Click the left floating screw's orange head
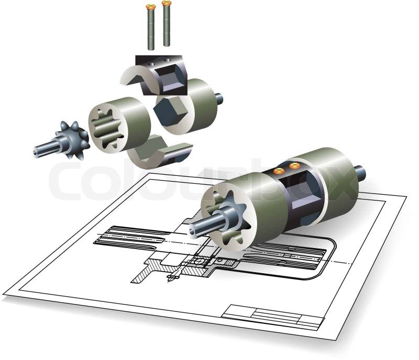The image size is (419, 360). (x=151, y=6)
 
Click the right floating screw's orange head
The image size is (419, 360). (x=166, y=3)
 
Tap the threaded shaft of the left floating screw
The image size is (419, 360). (x=151, y=29)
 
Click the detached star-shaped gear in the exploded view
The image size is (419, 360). (x=72, y=140)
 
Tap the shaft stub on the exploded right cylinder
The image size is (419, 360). (x=218, y=98)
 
